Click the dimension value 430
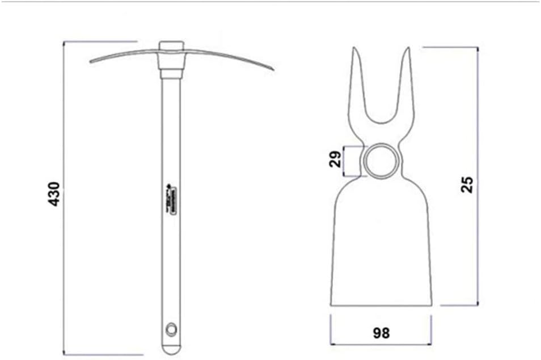click(x=54, y=193)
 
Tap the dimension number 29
click(x=336, y=160)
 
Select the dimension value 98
click(x=381, y=333)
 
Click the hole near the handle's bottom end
click(x=170, y=328)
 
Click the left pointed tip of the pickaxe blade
click(x=91, y=61)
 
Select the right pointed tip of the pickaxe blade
click(x=273, y=69)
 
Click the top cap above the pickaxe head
click(x=172, y=45)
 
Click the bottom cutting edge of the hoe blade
click(x=381, y=305)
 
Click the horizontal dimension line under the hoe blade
click(x=381, y=344)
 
